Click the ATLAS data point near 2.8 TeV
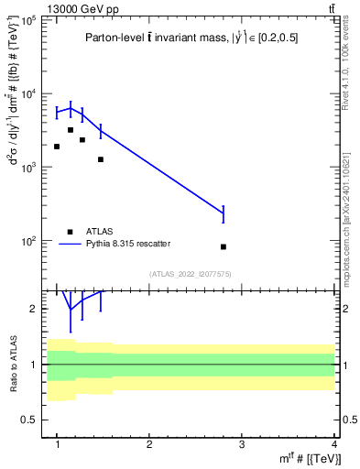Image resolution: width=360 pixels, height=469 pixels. pos(224,246)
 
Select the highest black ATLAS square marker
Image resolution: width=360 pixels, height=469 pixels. pos(71,130)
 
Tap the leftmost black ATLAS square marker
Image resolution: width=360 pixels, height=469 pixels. pos(57,147)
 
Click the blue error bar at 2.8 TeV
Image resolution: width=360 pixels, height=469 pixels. pos(224,214)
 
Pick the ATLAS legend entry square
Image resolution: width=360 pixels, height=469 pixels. pos(70,231)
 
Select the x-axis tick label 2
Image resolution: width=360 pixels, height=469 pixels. pos(149,444)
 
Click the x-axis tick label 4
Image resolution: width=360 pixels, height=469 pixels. pos(334,444)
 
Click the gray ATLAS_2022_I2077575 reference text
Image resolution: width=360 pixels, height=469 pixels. pos(190,274)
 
